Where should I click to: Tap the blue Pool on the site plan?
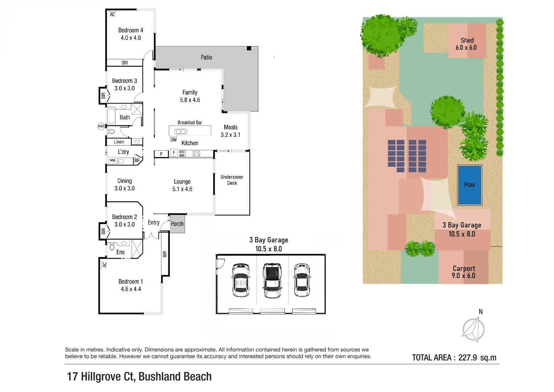point(469,185)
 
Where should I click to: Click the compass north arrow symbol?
point(474,329)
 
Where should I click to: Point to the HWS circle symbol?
point(101,126)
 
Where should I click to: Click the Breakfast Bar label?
point(190,123)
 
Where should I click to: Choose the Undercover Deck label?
point(232,180)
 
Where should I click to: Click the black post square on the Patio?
point(249,48)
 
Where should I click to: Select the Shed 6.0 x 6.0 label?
point(467,44)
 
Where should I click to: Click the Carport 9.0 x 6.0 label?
point(464,272)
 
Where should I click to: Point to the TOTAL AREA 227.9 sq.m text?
point(454,358)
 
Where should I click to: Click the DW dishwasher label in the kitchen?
point(173,140)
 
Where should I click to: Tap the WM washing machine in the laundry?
point(112,160)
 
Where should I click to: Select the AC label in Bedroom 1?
point(104,265)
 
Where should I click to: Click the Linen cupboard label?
point(119,142)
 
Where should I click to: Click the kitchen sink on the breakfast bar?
point(181,131)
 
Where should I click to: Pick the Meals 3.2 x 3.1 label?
point(230,131)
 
